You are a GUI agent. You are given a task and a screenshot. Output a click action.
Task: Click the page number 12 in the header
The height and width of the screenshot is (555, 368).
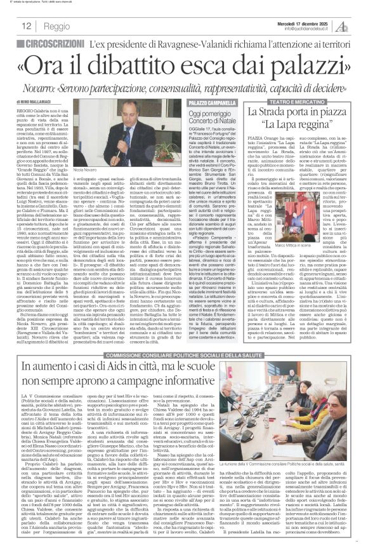(27, 26)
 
